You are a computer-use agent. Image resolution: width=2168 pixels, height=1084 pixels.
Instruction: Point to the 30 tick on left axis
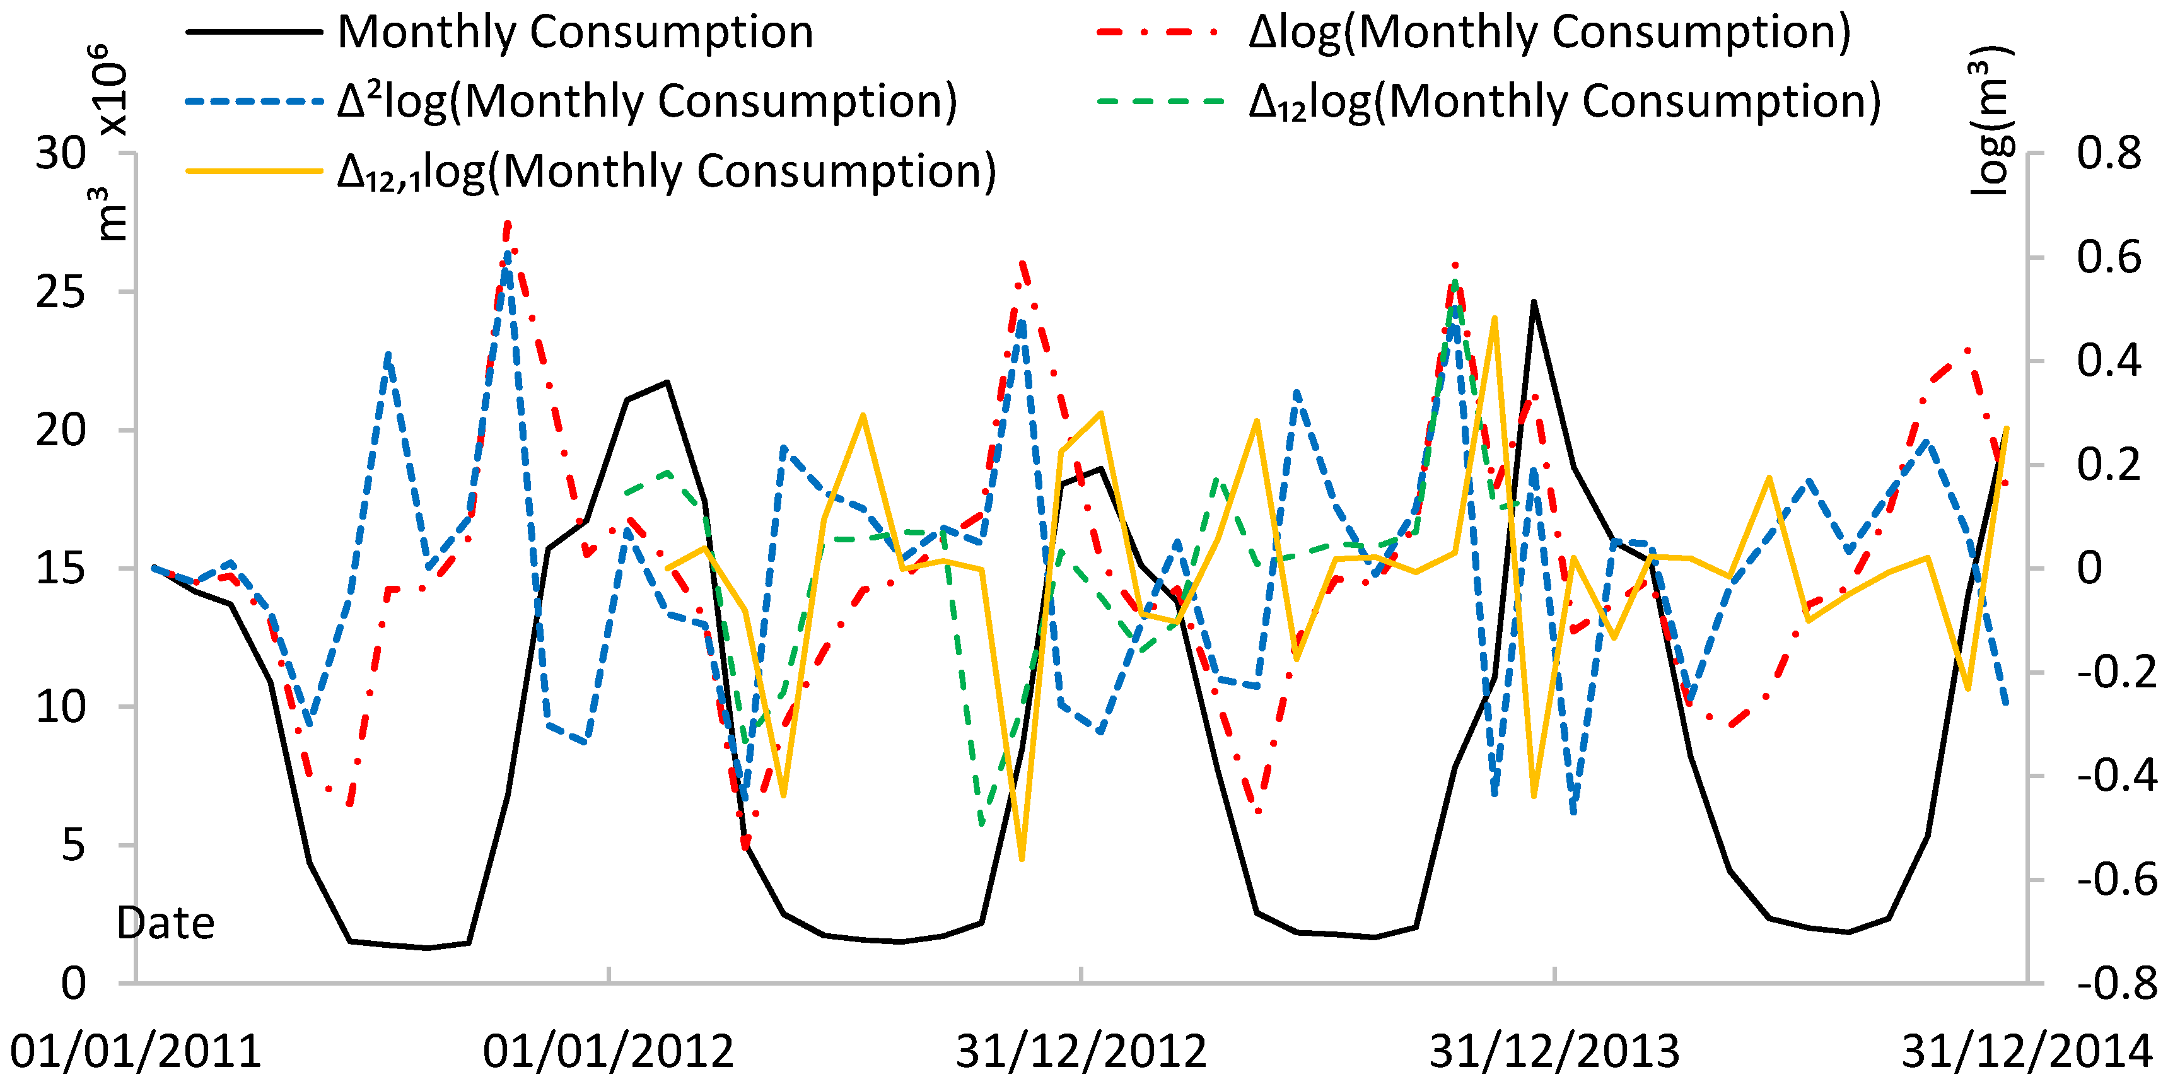[61, 154]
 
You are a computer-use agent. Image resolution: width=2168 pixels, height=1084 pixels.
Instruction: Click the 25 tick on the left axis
[61, 293]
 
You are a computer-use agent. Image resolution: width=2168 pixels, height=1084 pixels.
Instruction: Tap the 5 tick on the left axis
[73, 845]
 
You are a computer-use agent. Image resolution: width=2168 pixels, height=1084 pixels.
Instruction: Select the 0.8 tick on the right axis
[2108, 154]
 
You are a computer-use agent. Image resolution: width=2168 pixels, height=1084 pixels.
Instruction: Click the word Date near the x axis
[166, 924]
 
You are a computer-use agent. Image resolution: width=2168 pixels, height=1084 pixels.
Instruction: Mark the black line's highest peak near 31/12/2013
[1534, 301]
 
